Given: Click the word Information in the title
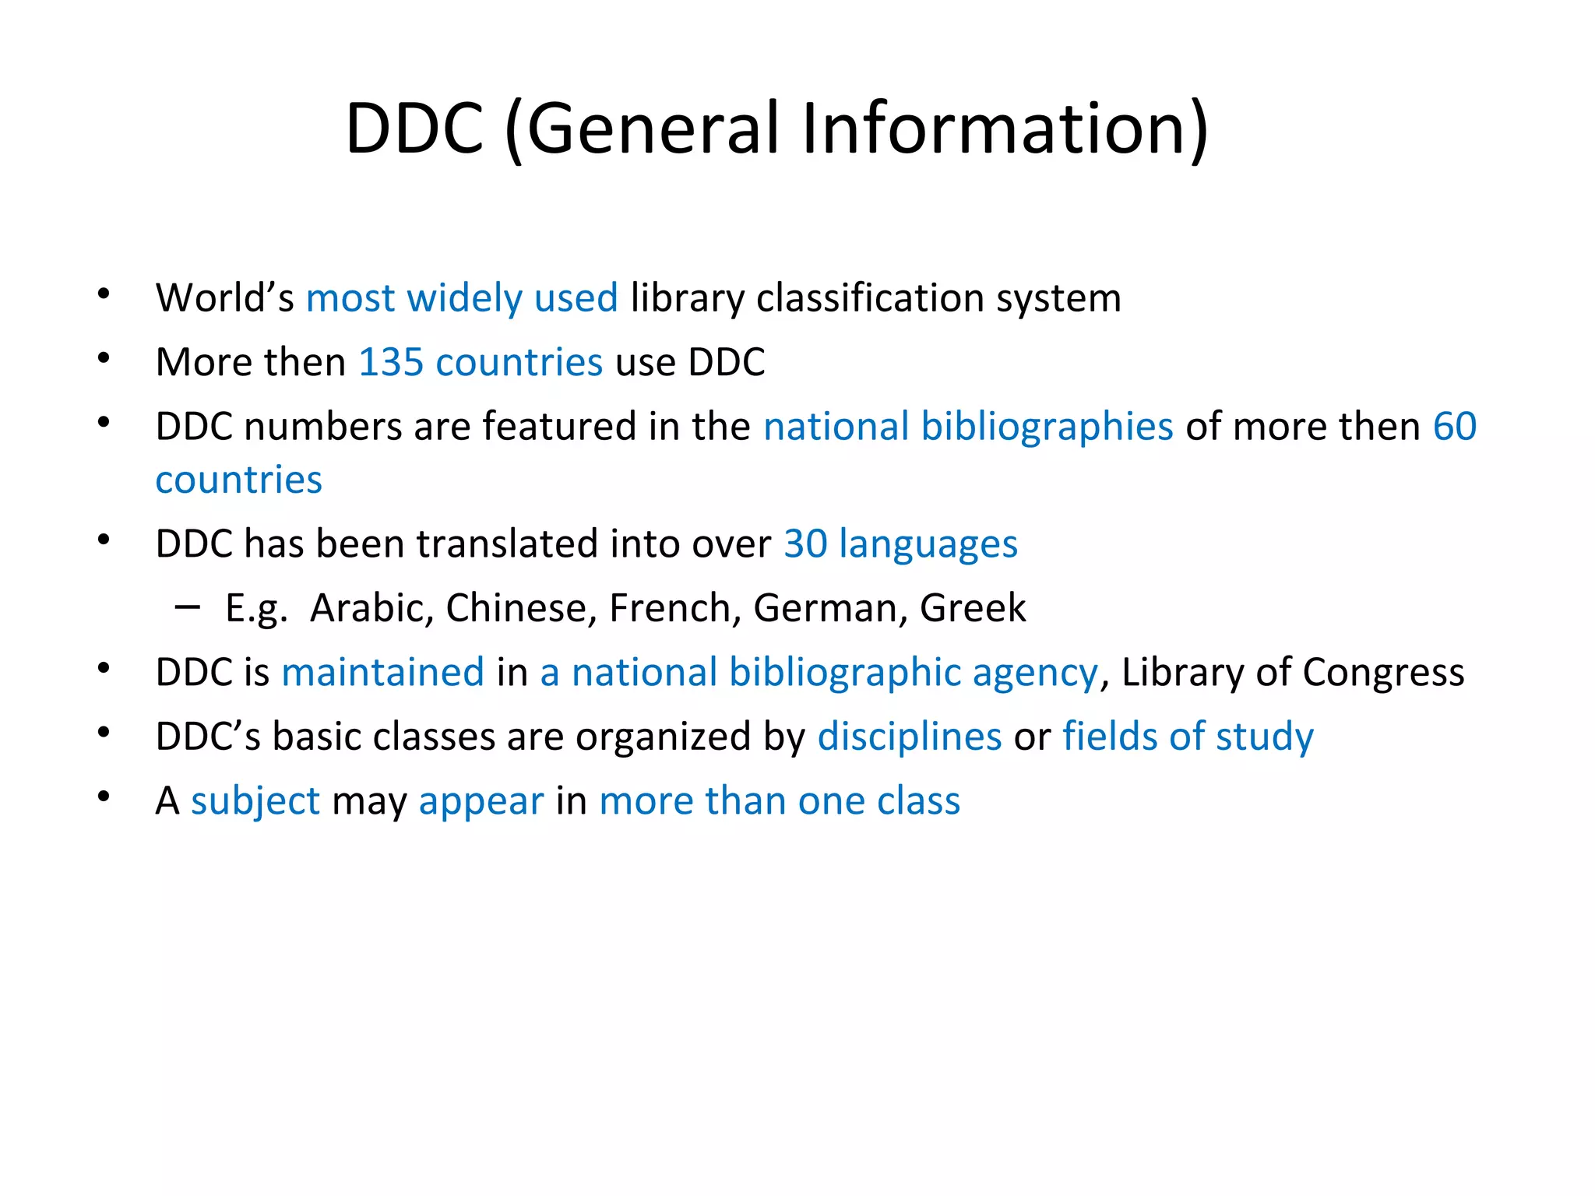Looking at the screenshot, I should tap(1005, 128).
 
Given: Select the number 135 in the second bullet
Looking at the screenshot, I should tap(391, 362).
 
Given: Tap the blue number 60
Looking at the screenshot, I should tap(1455, 427).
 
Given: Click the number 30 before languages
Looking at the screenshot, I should tap(805, 543).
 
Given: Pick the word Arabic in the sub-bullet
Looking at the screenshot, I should tap(371, 608).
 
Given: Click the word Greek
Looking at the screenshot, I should tap(973, 608).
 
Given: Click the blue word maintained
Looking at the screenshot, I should tap(383, 672).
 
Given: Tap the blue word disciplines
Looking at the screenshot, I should tap(910, 737).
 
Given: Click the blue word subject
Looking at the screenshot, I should tap(255, 801).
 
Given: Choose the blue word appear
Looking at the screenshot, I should tap(481, 801).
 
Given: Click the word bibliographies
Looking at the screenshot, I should tap(1047, 427).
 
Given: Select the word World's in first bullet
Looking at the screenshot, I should tap(225, 298).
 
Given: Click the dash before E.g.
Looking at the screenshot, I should tap(188, 605).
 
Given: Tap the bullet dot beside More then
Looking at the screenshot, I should tap(104, 359).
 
